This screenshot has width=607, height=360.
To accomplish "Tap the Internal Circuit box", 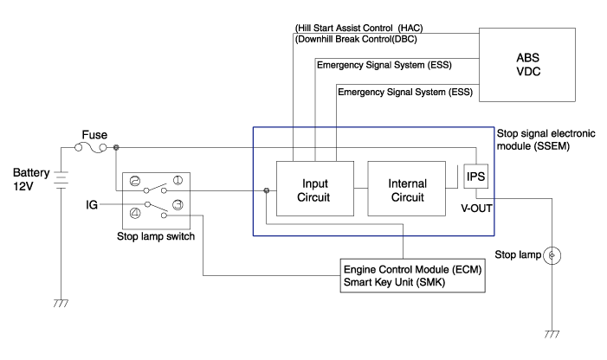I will (x=407, y=190).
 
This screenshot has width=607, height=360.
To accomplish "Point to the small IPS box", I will (x=476, y=177).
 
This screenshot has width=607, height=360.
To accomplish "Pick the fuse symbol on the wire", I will (x=94, y=148).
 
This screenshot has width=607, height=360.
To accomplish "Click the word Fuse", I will (x=94, y=134).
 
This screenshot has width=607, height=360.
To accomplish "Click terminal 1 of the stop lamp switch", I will (x=177, y=181).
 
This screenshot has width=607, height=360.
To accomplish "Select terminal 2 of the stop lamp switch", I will (x=134, y=181).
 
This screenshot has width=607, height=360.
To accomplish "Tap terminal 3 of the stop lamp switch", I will (x=177, y=205).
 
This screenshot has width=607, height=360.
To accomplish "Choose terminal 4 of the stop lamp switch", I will (x=134, y=213).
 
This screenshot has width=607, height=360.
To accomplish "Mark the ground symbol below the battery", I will (x=61, y=304).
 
